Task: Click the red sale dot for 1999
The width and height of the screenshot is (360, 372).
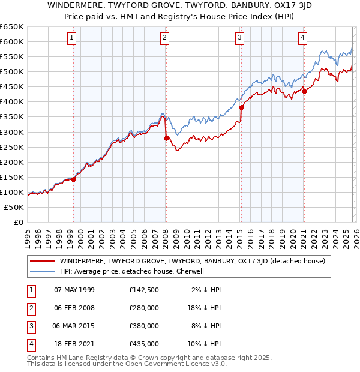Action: point(74,179)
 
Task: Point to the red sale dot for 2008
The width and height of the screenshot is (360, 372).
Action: point(166,137)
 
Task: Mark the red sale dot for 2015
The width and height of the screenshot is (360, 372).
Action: point(241,107)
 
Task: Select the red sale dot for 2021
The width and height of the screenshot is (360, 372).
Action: point(304,91)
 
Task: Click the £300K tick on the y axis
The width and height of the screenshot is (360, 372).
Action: point(13,132)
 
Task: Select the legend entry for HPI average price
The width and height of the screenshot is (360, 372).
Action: point(132,271)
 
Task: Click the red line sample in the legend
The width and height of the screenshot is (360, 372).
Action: point(42,261)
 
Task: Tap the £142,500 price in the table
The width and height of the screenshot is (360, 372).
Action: point(144,290)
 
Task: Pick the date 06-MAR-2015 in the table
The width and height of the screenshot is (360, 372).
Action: point(74,326)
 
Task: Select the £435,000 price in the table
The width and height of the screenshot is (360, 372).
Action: point(144,344)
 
